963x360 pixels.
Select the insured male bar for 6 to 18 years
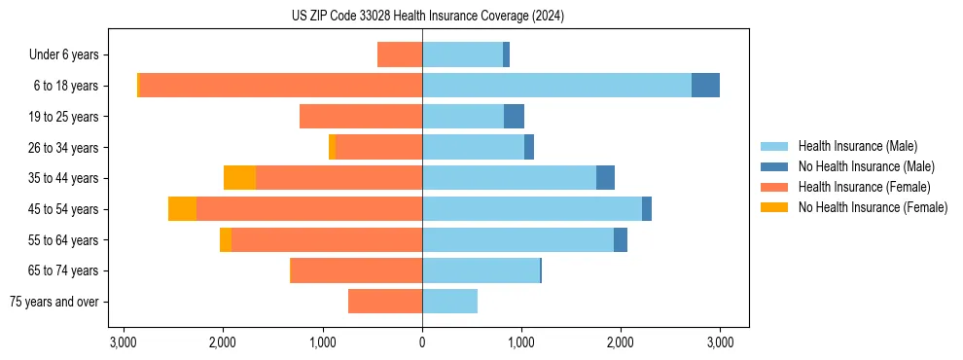[x=556, y=86]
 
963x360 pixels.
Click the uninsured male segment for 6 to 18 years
[x=705, y=86]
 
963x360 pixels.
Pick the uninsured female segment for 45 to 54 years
[x=182, y=209]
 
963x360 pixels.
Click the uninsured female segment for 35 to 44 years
[x=239, y=178]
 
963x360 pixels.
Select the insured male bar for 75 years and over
[x=449, y=302]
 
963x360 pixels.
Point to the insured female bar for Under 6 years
[x=400, y=54]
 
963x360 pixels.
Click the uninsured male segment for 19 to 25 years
[x=514, y=117]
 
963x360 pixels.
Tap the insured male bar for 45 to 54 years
[x=532, y=209]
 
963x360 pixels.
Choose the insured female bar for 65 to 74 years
[x=357, y=270]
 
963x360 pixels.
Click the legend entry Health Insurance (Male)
[x=856, y=146]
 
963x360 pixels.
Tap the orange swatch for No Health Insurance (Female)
[x=774, y=207]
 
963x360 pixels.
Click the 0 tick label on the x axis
[x=422, y=342]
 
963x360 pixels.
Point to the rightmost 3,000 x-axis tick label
[x=720, y=342]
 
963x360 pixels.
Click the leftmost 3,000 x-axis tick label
[x=124, y=342]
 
